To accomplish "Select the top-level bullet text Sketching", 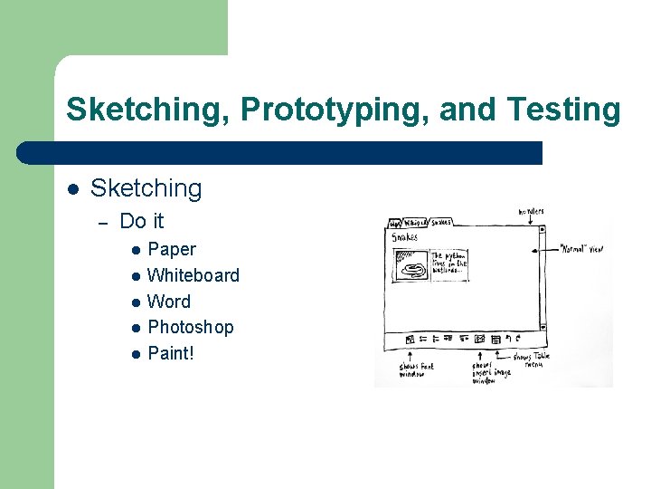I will (146, 188).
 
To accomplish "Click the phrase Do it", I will (142, 221).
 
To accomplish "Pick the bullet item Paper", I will (172, 249).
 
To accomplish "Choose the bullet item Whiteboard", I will (193, 275).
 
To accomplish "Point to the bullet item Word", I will (169, 302).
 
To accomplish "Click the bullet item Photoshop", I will (191, 327).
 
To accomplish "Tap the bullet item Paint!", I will (171, 352).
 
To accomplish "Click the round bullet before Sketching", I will (73, 189).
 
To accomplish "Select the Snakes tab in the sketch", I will (440, 222).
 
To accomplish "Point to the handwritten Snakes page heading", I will (405, 238).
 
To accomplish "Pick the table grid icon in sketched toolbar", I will (495, 340).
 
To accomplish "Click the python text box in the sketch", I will (449, 263).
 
